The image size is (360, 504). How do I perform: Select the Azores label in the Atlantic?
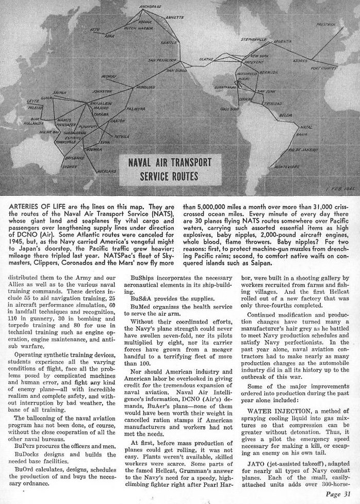tap(300, 60)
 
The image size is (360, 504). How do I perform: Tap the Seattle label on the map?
tap(168, 42)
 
